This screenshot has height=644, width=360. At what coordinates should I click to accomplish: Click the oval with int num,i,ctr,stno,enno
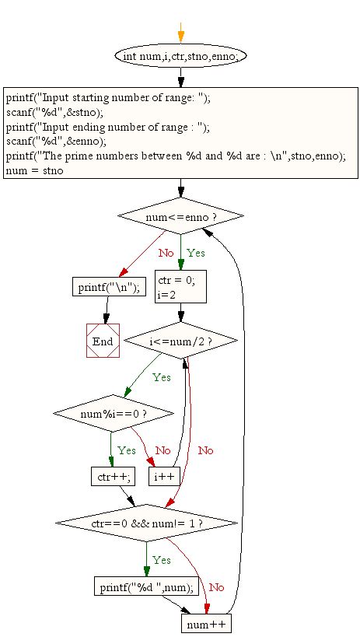(180, 57)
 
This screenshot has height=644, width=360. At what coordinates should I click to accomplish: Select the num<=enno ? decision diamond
(180, 216)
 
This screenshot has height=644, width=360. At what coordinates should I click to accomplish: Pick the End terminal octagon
(103, 341)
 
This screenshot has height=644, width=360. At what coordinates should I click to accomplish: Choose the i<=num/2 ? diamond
(180, 341)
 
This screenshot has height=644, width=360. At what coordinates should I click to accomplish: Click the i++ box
(164, 475)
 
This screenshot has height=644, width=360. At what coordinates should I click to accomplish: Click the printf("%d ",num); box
(146, 586)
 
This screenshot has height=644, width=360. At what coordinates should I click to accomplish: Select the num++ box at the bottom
(207, 625)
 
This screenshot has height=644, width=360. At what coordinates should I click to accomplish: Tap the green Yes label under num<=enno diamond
(196, 254)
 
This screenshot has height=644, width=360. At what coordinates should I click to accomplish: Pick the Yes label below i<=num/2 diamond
(162, 377)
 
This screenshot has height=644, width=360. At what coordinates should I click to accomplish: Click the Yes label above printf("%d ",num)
(162, 560)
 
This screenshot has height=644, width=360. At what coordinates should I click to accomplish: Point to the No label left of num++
(216, 587)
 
